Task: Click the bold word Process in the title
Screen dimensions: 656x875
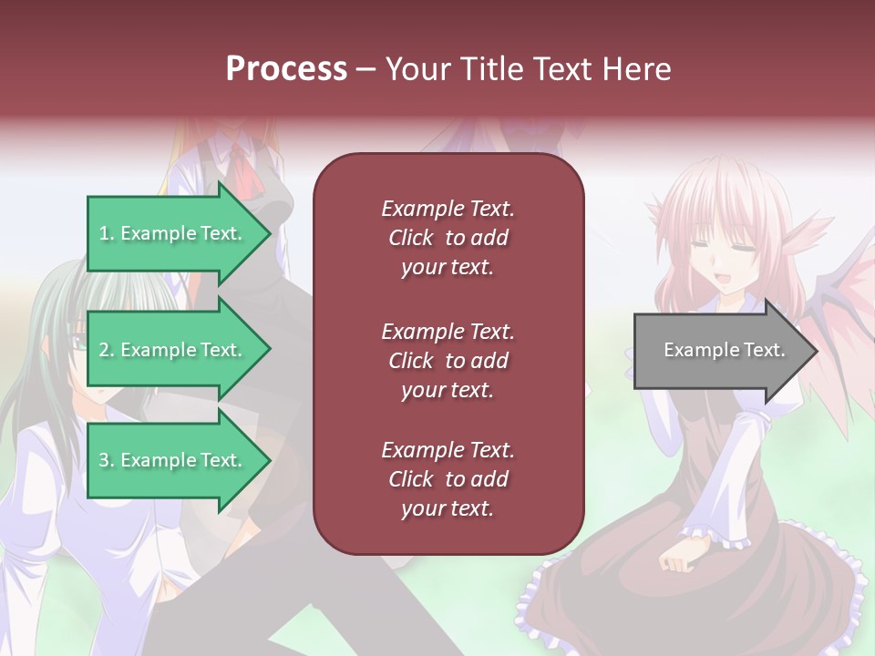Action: coord(286,69)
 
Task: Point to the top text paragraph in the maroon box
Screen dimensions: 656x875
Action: coord(448,238)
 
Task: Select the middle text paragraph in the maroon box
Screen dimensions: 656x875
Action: coord(448,361)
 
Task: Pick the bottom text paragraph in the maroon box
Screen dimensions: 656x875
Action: coord(448,479)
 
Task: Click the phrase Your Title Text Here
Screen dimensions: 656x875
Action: coord(528,69)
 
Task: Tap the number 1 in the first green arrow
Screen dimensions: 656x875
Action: coord(104,233)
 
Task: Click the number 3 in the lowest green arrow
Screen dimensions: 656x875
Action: coord(104,460)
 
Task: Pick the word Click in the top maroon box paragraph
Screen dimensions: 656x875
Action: coord(410,238)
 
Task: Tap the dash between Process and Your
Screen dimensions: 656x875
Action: coord(365,69)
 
